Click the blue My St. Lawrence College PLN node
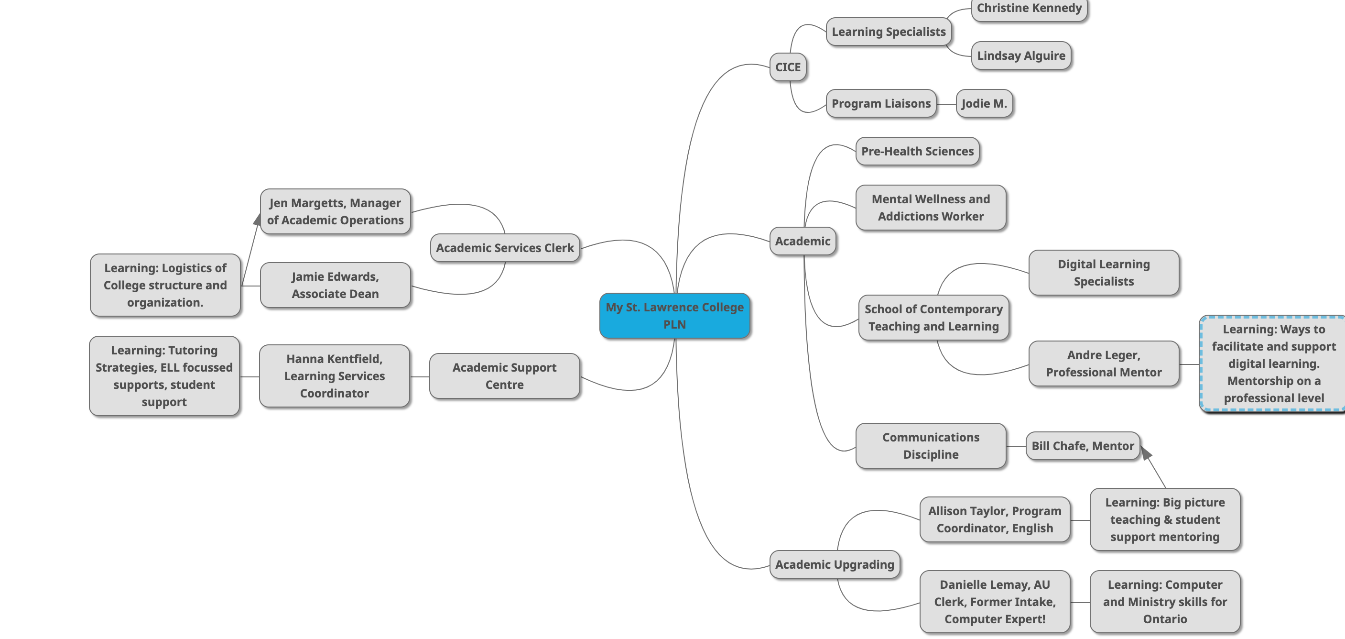(674, 316)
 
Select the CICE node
(787, 67)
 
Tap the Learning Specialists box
(888, 32)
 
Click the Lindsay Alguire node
(1021, 56)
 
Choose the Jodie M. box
(984, 103)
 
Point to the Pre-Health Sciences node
(917, 152)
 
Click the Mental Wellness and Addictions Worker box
(931, 208)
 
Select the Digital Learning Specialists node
(1103, 273)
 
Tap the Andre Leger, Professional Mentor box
(1103, 364)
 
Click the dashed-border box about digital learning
(1273, 364)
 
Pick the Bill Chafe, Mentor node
(1083, 446)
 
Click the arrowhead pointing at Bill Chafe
(1146, 453)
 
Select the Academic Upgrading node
(835, 565)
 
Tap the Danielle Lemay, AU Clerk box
(994, 602)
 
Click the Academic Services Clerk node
(504, 248)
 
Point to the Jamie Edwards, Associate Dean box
(335, 285)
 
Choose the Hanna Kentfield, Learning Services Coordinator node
(334, 376)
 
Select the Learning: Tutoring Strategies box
(164, 376)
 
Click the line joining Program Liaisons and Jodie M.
(945, 104)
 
